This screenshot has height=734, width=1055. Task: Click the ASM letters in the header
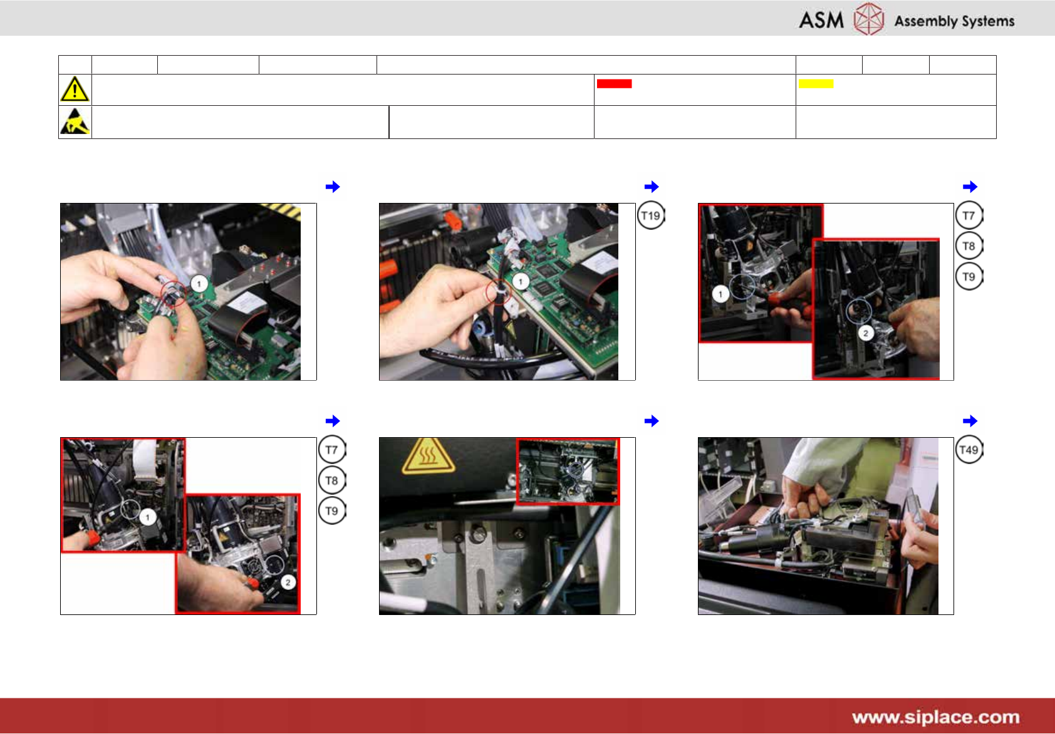[x=821, y=20]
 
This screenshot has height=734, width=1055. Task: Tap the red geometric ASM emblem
[x=868, y=19]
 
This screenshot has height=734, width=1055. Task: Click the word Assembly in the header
[x=926, y=21]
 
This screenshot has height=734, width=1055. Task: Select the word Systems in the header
[x=987, y=21]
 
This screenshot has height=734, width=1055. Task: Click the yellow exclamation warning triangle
[x=75, y=89]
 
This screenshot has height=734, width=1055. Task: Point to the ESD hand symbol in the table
[x=75, y=121]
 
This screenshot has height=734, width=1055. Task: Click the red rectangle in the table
[x=614, y=84]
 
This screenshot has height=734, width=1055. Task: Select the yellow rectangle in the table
[x=816, y=84]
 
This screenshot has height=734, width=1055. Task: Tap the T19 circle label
[x=651, y=215]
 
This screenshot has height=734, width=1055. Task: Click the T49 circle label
[x=969, y=450]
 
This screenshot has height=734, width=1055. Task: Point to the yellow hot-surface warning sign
[x=428, y=456]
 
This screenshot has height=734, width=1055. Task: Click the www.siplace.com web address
[x=935, y=717]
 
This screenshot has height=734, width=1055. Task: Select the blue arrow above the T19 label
[x=652, y=187]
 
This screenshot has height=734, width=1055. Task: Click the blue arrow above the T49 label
[x=970, y=421]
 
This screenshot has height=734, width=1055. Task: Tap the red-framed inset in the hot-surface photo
[x=568, y=472]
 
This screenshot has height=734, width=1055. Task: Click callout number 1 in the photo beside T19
[x=520, y=282]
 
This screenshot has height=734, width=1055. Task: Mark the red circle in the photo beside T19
[x=498, y=291]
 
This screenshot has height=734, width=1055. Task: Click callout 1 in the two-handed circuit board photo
[x=199, y=284]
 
